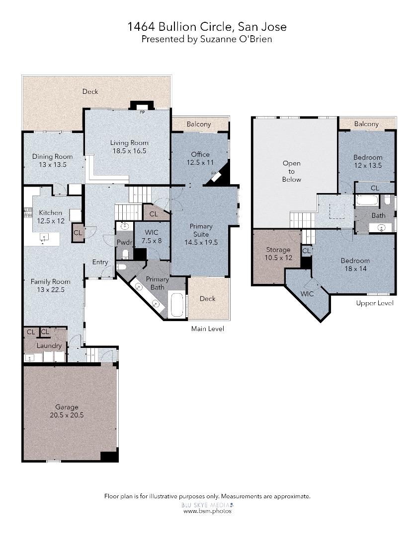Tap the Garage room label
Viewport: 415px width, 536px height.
67,407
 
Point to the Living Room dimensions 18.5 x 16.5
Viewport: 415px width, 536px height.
129,151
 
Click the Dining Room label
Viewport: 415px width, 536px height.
49,156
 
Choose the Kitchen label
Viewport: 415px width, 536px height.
50,213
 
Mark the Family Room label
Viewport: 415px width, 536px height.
49,281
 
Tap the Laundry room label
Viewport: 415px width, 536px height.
49,345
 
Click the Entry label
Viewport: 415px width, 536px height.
100,262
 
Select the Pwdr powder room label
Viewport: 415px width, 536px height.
123,242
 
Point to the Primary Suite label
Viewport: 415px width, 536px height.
201,230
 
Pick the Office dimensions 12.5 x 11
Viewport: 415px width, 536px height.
200,162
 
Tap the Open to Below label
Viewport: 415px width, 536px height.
291,171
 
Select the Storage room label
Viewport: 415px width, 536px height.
278,250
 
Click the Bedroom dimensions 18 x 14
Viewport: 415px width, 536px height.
355,268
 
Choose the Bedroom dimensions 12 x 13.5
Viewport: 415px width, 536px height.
368,166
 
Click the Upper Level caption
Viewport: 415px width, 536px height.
375,303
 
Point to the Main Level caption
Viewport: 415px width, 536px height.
207,329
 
